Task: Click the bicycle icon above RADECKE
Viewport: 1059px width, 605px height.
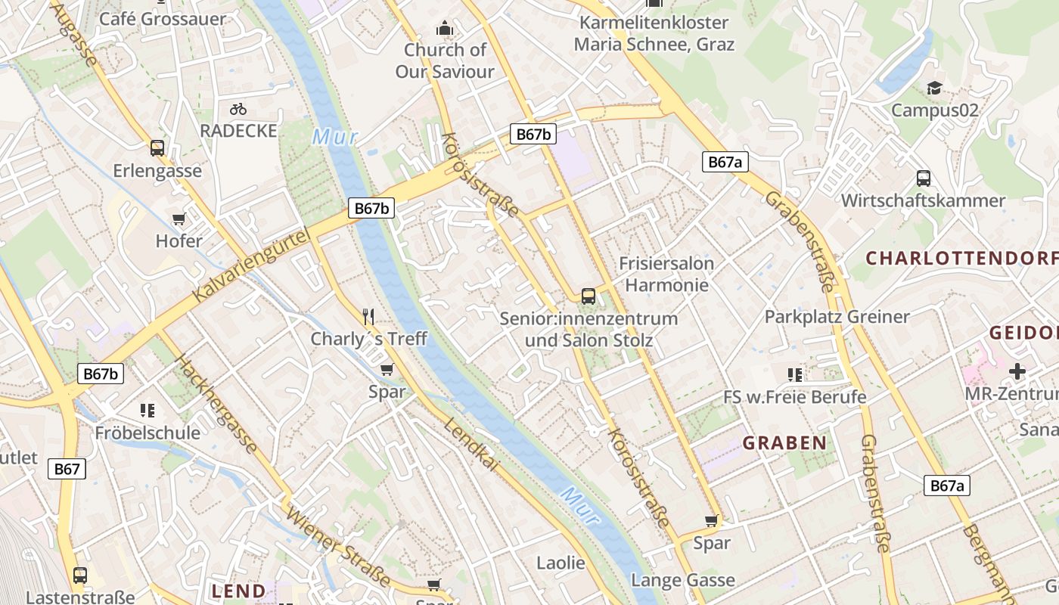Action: click(238, 109)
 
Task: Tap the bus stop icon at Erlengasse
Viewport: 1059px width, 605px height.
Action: click(157, 148)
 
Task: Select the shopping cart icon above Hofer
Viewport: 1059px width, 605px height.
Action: click(179, 219)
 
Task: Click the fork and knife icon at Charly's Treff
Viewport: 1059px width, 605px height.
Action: click(368, 316)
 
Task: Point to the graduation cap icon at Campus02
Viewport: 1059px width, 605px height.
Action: click(934, 88)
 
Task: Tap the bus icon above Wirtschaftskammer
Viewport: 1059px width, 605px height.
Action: click(923, 178)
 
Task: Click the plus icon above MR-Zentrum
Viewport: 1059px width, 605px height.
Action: click(1017, 371)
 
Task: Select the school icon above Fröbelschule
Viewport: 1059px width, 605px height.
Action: click(148, 411)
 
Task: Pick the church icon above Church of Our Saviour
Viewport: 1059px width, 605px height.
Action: click(444, 29)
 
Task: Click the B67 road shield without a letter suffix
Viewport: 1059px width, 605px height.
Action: click(67, 469)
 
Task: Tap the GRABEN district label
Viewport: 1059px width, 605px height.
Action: click(784, 443)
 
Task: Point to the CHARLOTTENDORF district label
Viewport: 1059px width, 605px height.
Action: click(961, 258)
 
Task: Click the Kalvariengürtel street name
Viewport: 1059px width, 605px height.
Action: click(252, 266)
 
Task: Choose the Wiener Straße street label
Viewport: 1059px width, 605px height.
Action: click(339, 547)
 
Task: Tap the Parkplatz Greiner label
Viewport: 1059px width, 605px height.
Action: click(837, 316)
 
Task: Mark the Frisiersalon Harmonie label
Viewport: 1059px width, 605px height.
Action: click(666, 274)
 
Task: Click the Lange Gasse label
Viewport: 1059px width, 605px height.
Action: click(683, 580)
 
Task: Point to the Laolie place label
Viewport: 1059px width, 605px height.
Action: click(561, 563)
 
